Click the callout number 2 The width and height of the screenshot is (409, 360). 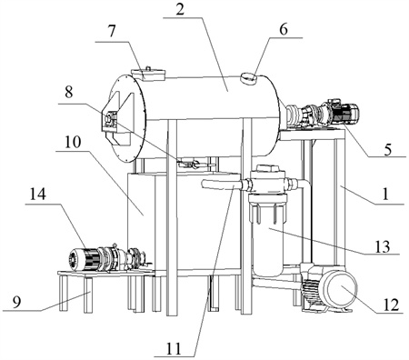point(180,10)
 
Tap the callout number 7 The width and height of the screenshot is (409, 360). point(112,31)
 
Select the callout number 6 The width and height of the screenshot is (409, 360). point(284,30)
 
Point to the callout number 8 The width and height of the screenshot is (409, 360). point(69,92)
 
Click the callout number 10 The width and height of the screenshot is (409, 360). point(72,142)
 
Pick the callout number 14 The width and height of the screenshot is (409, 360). point(37,195)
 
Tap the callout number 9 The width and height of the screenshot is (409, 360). point(16,302)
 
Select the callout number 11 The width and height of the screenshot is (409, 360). point(173,349)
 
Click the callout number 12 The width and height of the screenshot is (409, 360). point(391,305)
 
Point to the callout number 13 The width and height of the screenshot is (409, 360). point(383,246)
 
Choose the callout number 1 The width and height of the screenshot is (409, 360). point(385,194)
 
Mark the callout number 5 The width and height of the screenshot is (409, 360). point(388,150)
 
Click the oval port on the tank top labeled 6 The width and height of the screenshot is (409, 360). point(249,78)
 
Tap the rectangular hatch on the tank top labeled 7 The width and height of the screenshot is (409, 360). point(148,75)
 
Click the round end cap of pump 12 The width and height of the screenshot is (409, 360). point(340,287)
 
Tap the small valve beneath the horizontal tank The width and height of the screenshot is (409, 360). point(190,164)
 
